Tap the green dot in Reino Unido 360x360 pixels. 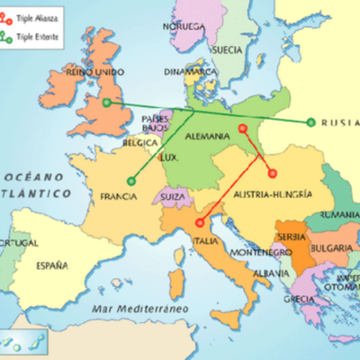tap(107, 103)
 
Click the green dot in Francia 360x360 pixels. tap(131, 181)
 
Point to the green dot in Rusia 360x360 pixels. tap(310, 122)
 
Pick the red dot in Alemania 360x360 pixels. tap(242, 130)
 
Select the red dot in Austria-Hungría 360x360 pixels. tap(273, 174)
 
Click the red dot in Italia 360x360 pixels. tap(198, 219)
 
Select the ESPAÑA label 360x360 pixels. tap(51, 265)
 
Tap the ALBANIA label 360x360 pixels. tap(272, 273)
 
